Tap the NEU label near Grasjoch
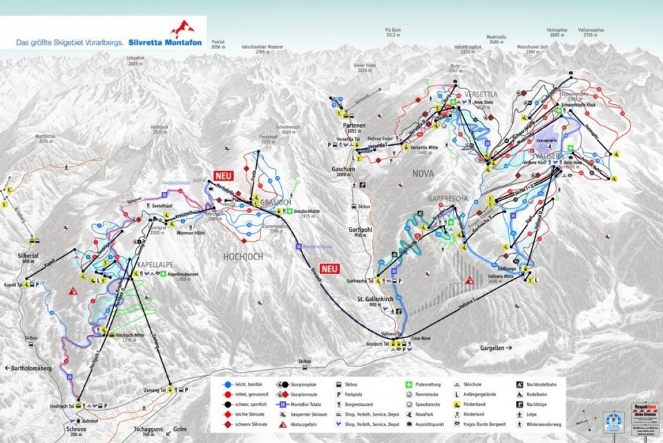pyautogui.click(x=224, y=175)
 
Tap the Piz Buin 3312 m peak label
pyautogui.click(x=393, y=32)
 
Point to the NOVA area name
pyautogui.click(x=423, y=175)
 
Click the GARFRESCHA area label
pyautogui.click(x=448, y=199)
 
